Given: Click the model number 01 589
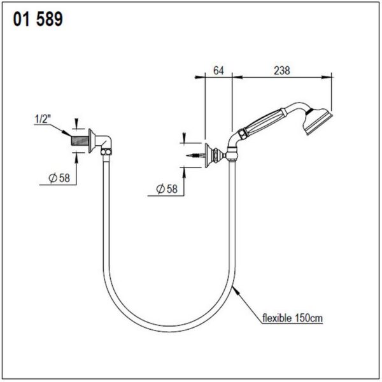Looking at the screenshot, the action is pos(38,19).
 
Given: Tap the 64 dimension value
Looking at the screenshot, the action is pos(218,71).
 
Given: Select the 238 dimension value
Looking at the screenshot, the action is pos(282,71).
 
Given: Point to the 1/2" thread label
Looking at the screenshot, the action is pos(43,119).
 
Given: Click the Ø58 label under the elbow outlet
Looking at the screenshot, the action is pos(59,178).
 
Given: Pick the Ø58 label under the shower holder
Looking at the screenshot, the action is pos(167,189).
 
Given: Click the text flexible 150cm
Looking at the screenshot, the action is pos(292,318).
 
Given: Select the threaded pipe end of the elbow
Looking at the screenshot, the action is pos(80,141).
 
